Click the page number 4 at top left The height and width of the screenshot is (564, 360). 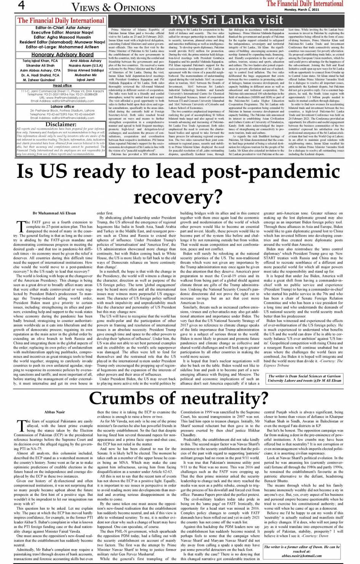[21, 6]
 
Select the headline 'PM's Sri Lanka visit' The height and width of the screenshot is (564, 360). [226, 20]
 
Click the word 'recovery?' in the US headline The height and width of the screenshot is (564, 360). [178, 197]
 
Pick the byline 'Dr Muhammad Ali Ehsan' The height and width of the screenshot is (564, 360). [54, 213]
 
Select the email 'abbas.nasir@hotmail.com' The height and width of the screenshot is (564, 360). [302, 556]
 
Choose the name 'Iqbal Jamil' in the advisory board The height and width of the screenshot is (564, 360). [86, 80]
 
